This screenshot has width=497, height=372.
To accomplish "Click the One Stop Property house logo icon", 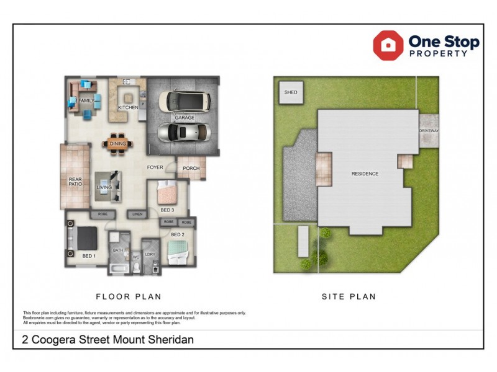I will [x=388, y=45].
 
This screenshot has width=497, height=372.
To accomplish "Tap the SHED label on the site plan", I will [x=291, y=92].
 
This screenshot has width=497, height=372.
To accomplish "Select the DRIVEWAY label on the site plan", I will [x=429, y=131].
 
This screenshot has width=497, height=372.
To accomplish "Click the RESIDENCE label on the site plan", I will [x=365, y=174].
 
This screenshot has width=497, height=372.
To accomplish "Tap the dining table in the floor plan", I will [x=117, y=143].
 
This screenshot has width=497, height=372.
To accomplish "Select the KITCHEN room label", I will [x=128, y=108].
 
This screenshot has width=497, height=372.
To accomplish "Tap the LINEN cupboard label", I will [x=138, y=214].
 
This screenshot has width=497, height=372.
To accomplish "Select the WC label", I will [x=136, y=256].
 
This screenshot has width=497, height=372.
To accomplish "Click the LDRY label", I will [x=150, y=254].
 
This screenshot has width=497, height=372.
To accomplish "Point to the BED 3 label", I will [x=166, y=210].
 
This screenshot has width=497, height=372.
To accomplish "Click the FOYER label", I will [x=155, y=167].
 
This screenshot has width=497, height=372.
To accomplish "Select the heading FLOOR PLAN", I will [x=129, y=296].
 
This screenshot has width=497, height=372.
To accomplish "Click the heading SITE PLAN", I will [x=349, y=296].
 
